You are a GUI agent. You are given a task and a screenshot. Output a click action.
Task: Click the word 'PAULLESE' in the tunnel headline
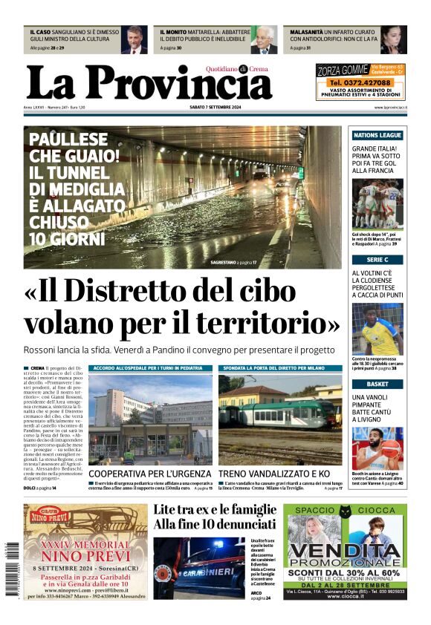pos(68,140)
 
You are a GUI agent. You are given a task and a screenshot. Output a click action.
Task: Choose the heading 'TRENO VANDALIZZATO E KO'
pos(273,474)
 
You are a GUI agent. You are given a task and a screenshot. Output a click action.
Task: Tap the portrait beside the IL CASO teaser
pos(135,40)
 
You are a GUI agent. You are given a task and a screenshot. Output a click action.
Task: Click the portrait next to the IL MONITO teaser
pos(263,40)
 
